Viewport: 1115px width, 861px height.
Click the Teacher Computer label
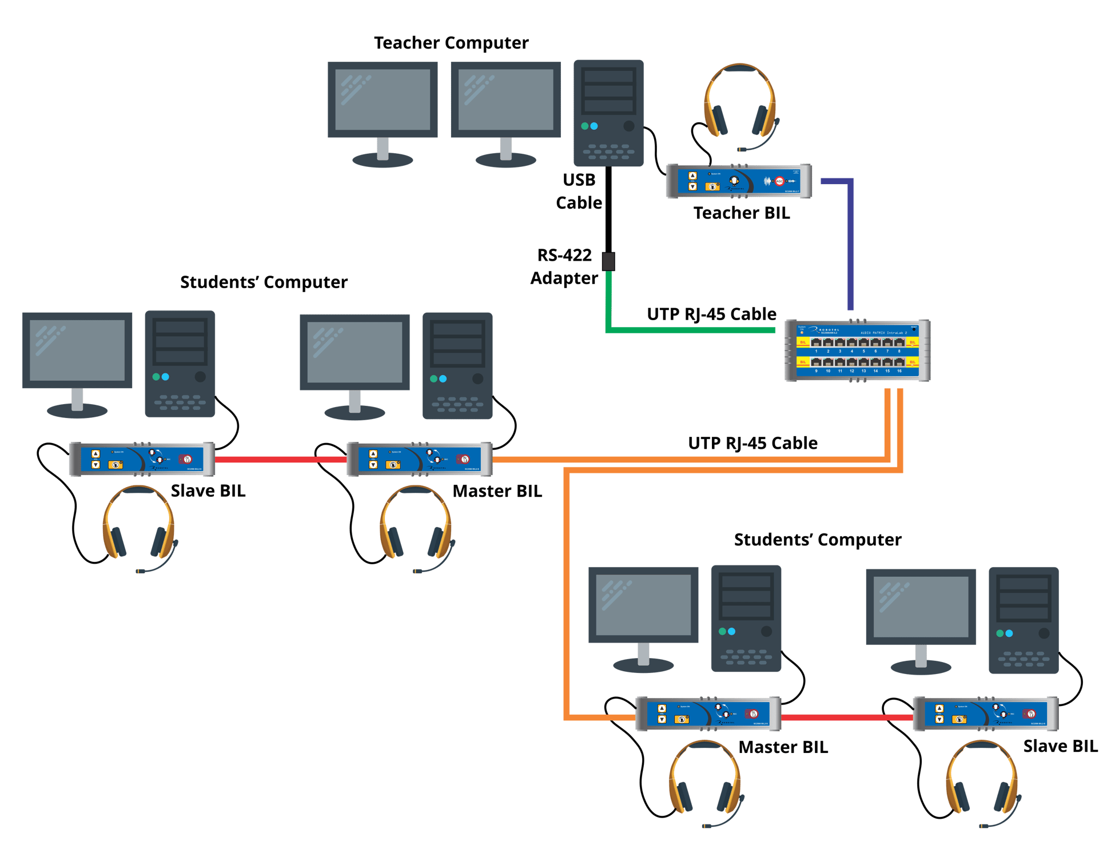[451, 43]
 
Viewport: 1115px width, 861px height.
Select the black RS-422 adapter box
[608, 261]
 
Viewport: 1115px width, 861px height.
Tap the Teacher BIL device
[739, 181]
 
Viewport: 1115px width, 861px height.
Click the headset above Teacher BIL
[740, 106]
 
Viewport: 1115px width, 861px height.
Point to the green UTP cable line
[686, 330]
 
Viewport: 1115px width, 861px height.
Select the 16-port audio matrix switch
[857, 350]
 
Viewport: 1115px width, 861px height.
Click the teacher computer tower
[608, 113]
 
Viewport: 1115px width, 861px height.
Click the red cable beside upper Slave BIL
[280, 459]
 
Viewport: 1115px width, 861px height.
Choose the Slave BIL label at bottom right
[1060, 746]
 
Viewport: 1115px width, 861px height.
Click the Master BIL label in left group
[497, 491]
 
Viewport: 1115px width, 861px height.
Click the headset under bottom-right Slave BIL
[981, 780]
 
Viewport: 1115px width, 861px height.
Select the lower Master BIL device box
[708, 714]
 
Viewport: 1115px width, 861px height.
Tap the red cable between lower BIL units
[846, 718]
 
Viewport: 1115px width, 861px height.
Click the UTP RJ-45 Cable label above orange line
[752, 443]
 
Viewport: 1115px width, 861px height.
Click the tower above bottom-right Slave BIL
[1024, 620]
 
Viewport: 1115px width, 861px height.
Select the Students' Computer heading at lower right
[817, 540]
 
